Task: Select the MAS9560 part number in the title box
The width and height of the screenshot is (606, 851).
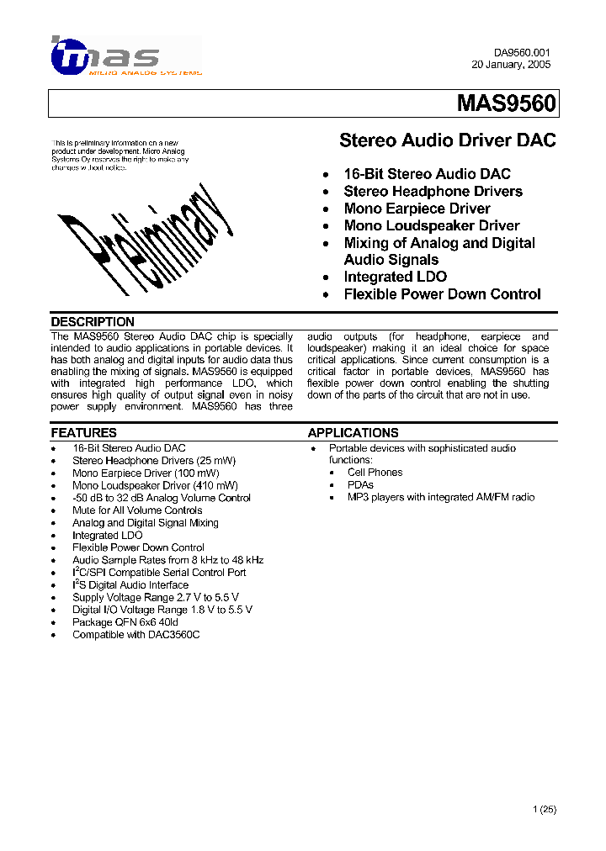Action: (x=506, y=103)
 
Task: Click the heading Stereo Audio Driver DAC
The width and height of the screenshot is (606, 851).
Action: (x=447, y=140)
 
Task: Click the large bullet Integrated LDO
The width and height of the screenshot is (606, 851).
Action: (x=395, y=277)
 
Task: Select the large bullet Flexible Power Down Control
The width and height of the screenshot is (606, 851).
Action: (x=442, y=294)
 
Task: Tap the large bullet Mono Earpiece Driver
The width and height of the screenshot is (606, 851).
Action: (x=417, y=209)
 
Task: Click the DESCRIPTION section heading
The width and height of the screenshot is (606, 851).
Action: (x=93, y=322)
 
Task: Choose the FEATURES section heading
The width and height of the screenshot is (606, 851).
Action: (x=83, y=433)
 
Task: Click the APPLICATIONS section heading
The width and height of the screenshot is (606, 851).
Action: (x=353, y=433)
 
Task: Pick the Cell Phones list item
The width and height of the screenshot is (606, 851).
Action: (x=375, y=473)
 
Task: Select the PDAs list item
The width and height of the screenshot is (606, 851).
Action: (x=360, y=485)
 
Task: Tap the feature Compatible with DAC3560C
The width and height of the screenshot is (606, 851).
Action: (x=136, y=635)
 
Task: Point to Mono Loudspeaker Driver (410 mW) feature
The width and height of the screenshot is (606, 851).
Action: (x=155, y=485)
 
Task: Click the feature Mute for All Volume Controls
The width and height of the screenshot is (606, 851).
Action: (x=137, y=510)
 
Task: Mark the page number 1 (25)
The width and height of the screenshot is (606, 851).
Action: (x=545, y=810)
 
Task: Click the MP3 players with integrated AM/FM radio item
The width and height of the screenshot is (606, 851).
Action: (x=440, y=498)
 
